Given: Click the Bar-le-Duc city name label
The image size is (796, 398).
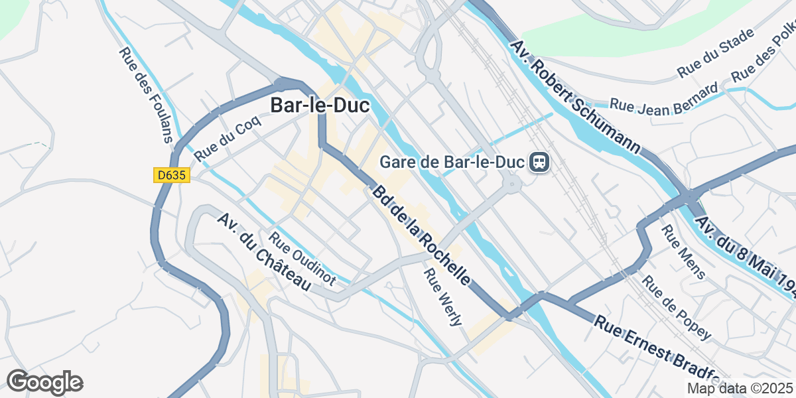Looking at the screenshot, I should (319, 105).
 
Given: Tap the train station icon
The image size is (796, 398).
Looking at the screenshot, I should (538, 162).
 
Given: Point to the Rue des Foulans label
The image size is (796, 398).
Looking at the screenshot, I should (146, 95).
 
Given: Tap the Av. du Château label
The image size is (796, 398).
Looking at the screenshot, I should (264, 253).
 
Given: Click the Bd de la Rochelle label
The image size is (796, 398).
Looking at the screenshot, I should (423, 235).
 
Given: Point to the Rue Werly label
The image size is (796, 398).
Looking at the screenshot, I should (444, 297).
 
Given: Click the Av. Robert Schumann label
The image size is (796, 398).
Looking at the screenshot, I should (576, 96).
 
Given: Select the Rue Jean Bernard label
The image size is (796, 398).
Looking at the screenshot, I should (663, 97).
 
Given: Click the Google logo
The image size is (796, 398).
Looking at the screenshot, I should (44, 382).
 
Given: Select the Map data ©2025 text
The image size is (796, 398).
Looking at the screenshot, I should (740, 388).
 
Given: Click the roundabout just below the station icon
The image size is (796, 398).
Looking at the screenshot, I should (511, 186).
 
